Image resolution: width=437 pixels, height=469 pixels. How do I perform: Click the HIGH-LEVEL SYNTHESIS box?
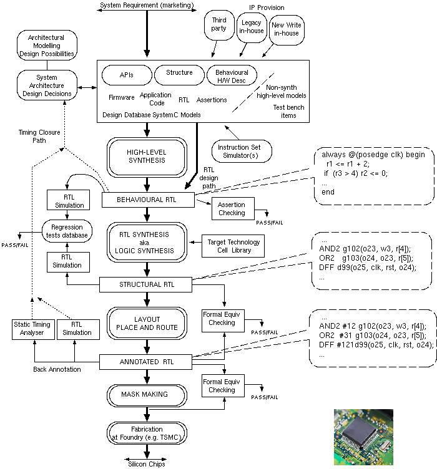pos(147,155)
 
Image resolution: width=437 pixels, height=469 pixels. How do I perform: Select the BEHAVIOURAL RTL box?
pos(147,200)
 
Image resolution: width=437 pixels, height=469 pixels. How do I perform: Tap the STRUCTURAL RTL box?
pos(147,284)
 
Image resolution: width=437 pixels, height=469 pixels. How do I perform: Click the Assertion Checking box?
pos(232,208)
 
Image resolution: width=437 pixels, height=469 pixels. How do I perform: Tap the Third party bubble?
pos(219,25)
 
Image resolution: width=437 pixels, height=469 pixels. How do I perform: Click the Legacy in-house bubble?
pos(252,27)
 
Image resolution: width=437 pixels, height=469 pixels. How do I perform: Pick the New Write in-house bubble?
pos(285,29)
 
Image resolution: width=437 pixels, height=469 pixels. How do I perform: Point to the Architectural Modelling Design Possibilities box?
pos(46,45)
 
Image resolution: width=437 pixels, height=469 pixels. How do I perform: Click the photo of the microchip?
pos(363,437)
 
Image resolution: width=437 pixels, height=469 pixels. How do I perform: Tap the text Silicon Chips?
pos(147,463)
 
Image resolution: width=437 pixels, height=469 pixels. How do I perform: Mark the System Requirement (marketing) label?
pos(147,6)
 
